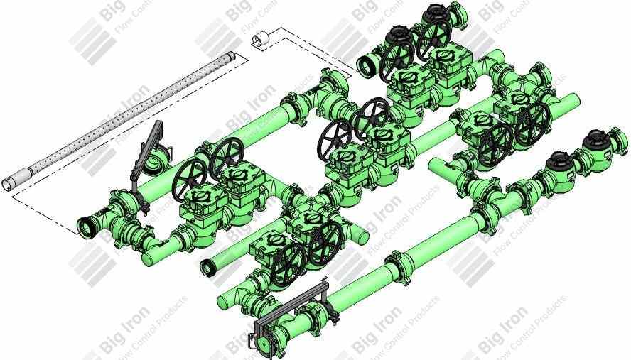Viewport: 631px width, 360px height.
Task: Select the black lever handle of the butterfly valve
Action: pos(147,146)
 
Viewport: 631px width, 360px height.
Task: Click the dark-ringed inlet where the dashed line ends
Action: pos(89,227)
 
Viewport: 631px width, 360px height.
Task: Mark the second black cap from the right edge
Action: pos(559,163)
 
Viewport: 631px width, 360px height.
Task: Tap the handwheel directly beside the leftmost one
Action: pos(227,156)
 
